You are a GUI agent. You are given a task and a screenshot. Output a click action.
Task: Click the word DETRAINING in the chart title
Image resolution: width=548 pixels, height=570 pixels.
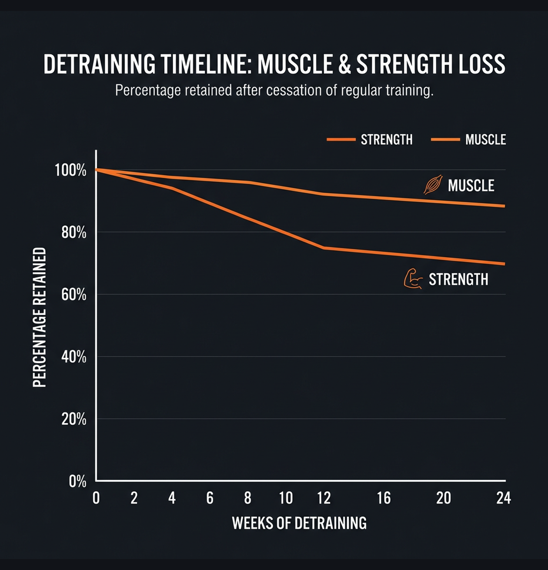(x=99, y=64)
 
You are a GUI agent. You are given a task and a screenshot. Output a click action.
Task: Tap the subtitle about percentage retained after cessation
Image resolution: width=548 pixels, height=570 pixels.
(x=274, y=90)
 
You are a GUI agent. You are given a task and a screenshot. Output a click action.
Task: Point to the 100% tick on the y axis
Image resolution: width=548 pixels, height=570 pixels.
(x=70, y=170)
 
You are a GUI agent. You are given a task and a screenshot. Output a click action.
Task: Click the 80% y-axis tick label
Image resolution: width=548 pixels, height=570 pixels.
(x=74, y=232)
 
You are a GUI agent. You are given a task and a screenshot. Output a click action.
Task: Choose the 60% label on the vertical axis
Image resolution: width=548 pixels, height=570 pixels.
(x=74, y=295)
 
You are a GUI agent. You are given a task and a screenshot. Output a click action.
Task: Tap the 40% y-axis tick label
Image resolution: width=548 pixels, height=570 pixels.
(x=74, y=357)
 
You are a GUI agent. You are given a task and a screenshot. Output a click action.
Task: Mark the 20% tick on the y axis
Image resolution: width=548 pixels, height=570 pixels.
(x=74, y=419)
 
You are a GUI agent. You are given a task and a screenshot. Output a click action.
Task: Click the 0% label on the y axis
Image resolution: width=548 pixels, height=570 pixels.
(x=77, y=482)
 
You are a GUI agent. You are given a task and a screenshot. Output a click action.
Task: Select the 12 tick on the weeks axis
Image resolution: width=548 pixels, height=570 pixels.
(x=324, y=498)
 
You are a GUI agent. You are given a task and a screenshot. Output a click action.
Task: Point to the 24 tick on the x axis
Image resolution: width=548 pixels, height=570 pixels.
(x=503, y=498)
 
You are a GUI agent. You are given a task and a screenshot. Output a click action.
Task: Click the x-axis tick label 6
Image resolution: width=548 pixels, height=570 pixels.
(x=210, y=498)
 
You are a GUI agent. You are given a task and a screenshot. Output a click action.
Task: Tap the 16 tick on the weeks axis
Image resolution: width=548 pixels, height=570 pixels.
(x=384, y=498)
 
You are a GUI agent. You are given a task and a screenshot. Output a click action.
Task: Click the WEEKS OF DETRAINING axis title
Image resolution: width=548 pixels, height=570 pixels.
(x=299, y=523)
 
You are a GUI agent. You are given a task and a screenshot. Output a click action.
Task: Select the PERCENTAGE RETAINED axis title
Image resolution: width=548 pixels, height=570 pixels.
(x=39, y=317)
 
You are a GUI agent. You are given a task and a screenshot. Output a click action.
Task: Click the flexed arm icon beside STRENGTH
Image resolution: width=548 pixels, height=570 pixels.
(x=413, y=279)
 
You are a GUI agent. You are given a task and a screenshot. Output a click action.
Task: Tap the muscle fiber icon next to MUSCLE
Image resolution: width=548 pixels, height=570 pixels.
(x=433, y=185)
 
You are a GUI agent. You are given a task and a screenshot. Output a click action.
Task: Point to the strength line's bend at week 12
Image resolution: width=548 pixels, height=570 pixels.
(x=323, y=248)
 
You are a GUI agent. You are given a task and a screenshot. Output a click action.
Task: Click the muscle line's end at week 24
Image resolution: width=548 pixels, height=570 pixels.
(x=504, y=206)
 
